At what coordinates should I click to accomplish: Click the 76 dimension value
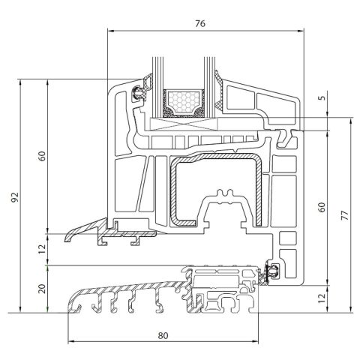199,23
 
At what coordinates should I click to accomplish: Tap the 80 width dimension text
163,335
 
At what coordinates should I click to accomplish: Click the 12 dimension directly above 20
42,245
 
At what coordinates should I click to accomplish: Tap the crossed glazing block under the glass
184,126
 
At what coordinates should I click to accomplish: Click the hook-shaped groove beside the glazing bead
288,136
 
